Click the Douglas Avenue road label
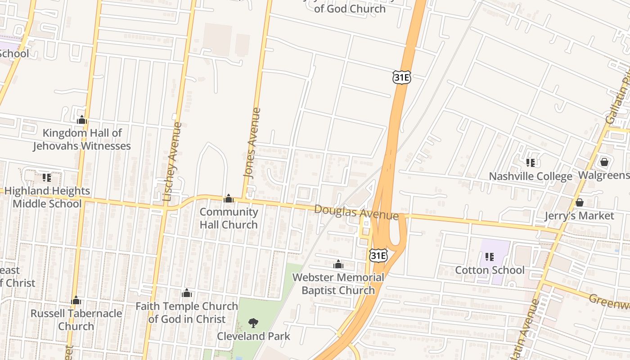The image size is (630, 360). point(356,212)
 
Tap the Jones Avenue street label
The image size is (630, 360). point(251,143)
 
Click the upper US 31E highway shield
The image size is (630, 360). point(401,77)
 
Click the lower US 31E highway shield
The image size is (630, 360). point(378,256)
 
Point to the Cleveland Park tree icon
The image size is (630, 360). point(254,322)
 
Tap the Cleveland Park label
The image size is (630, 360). point(254,336)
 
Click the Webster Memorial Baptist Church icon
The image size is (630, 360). point(338,264)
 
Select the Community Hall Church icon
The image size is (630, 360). point(229,198)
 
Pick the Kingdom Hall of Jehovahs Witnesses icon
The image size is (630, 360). point(82,120)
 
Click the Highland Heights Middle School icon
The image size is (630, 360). point(47,178)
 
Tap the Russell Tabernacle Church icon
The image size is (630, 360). point(76,300)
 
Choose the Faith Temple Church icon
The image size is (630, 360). point(187,293)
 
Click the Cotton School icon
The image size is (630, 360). point(490,257)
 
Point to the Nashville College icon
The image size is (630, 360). point(531,162)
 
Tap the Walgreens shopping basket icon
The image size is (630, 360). point(604,162)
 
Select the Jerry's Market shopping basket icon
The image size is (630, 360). point(580,203)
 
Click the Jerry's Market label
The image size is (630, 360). point(579,216)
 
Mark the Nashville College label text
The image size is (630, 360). point(531,176)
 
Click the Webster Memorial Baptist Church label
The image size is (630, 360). point(338,284)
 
